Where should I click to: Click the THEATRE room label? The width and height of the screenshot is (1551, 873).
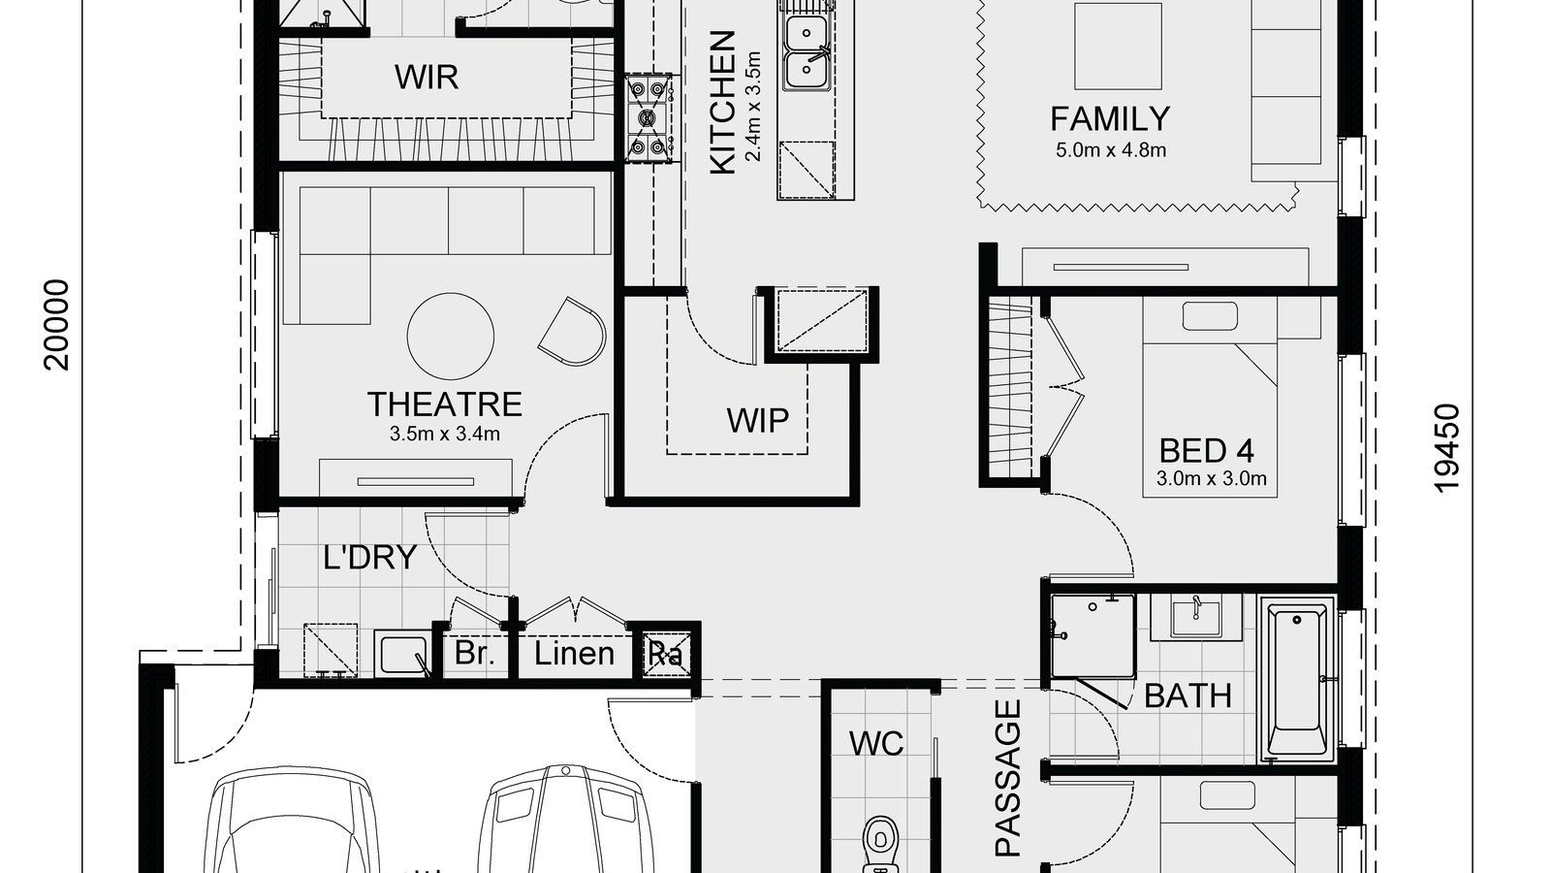(x=444, y=404)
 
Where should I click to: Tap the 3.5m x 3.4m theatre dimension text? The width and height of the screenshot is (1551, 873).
(x=444, y=434)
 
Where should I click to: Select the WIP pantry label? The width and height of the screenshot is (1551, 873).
(x=757, y=421)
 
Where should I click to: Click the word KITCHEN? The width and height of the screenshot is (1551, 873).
(x=723, y=103)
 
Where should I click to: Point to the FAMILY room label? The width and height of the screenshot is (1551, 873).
(x=1110, y=119)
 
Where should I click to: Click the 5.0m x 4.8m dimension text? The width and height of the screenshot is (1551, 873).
(x=1110, y=150)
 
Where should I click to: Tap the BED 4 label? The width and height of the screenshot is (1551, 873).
(x=1207, y=450)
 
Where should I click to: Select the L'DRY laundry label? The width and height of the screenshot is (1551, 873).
(x=369, y=558)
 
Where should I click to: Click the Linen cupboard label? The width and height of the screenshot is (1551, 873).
(x=574, y=654)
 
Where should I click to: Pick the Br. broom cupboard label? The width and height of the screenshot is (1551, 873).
(x=474, y=653)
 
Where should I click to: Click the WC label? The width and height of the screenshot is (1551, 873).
(x=875, y=744)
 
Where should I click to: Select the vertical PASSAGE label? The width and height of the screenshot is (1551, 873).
(x=1008, y=778)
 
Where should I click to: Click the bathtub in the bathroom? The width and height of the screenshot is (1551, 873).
(x=1297, y=681)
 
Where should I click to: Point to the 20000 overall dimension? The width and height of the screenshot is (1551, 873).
(x=58, y=324)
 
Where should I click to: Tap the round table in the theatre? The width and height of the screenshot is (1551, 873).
(x=451, y=336)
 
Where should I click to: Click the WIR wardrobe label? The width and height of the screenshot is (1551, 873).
(x=426, y=77)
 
